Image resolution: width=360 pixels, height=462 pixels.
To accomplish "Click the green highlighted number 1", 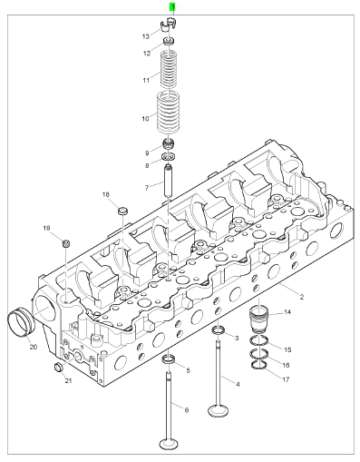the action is pyautogui.click(x=172, y=7).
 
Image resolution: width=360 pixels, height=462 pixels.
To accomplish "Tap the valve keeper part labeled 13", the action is pyautogui.click(x=168, y=25).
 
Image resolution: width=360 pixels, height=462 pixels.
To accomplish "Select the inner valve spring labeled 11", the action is pyautogui.click(x=168, y=69).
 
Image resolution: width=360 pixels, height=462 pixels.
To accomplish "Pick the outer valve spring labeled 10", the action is pyautogui.click(x=169, y=113).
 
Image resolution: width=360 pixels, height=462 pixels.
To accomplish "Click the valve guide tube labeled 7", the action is pyautogui.click(x=168, y=181).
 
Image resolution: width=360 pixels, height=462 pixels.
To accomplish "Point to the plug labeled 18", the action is pyautogui.click(x=122, y=211).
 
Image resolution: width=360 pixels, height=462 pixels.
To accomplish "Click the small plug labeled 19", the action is pyautogui.click(x=66, y=243).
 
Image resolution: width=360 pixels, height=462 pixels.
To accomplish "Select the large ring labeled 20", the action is pyautogui.click(x=22, y=321).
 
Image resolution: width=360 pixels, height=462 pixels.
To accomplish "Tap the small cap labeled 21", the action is pyautogui.click(x=58, y=367).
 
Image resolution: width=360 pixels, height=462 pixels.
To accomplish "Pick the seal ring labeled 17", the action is pyautogui.click(x=259, y=365).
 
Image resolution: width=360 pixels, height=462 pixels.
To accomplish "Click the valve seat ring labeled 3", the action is pyautogui.click(x=219, y=330).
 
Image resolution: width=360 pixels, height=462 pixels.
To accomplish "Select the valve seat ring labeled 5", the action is pyautogui.click(x=169, y=359).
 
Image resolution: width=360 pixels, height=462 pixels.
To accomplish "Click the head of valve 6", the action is pyautogui.click(x=169, y=444).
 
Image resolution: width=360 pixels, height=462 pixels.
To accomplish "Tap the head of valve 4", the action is pyautogui.click(x=219, y=411).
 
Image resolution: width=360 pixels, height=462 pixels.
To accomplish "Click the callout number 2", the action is pyautogui.click(x=302, y=297).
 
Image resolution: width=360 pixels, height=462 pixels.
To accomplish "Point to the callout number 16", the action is pyautogui.click(x=286, y=365).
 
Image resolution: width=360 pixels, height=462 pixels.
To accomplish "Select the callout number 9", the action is pyautogui.click(x=147, y=153).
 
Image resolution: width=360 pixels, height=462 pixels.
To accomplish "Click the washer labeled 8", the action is pyautogui.click(x=169, y=157).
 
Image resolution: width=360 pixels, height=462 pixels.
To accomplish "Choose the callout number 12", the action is pyautogui.click(x=147, y=54).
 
